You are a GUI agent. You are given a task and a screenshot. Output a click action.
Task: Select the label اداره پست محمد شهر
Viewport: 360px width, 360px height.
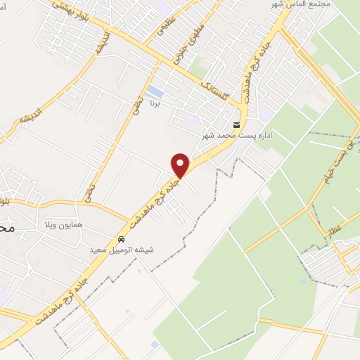(236, 135)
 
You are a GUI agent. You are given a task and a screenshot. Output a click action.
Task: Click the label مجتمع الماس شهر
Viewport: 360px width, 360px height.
(300, 5)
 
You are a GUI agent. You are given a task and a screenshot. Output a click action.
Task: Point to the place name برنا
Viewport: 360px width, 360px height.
(155, 103)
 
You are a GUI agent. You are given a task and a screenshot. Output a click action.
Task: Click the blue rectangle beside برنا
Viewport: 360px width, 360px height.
(155, 92)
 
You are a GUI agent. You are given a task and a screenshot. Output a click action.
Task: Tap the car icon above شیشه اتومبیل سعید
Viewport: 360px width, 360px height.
(122, 238)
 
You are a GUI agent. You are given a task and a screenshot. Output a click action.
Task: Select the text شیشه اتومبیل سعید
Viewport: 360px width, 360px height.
(121, 250)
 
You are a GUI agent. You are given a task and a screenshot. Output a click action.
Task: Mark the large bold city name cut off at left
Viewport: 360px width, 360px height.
(5, 229)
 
